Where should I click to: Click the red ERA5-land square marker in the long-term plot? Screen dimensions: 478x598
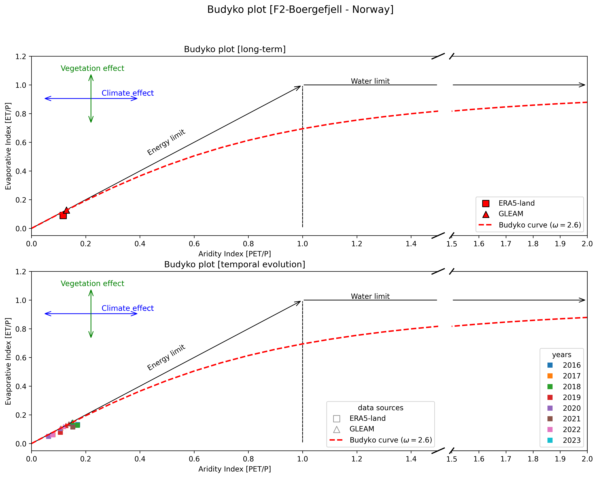point(63,215)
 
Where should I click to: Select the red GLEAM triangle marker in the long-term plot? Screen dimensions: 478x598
point(67,210)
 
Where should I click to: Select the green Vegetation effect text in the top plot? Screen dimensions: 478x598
point(92,68)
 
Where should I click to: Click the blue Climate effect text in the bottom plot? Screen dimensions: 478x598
point(127,308)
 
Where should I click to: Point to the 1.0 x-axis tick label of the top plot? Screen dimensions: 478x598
point(302,244)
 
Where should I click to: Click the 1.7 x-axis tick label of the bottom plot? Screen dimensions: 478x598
point(506,459)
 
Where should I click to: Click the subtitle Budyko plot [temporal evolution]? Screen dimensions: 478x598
point(234,264)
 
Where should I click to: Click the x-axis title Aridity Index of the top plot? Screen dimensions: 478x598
point(234,254)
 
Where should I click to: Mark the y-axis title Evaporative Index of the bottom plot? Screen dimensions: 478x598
point(8,361)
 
